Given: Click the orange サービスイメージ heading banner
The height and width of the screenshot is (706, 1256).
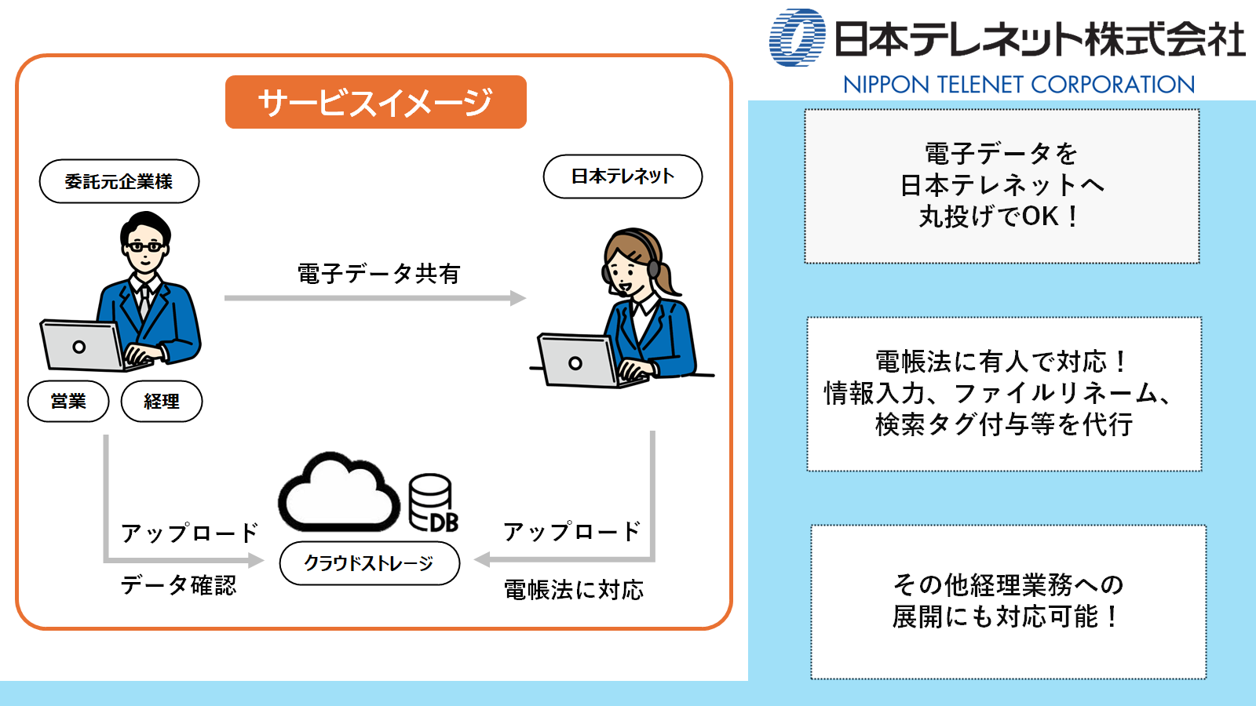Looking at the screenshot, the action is tap(375, 102).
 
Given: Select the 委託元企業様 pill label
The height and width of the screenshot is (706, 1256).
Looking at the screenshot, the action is tap(119, 181).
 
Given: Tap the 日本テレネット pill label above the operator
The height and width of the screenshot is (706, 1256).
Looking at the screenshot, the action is tap(623, 176).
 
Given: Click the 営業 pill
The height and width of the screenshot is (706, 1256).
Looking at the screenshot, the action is tap(68, 402).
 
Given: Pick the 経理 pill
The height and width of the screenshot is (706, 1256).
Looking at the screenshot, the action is tap(162, 402).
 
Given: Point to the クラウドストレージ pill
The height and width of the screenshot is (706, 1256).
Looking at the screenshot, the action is tap(369, 563).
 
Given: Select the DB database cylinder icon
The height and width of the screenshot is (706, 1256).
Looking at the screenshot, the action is tap(432, 503).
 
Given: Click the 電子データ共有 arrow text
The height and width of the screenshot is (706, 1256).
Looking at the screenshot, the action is tap(378, 274).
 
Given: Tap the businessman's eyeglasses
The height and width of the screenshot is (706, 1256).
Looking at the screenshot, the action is tap(145, 246).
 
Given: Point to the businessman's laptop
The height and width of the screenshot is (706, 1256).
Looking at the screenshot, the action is tap(82, 346).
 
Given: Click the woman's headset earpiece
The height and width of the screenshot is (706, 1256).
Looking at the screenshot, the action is tap(653, 268).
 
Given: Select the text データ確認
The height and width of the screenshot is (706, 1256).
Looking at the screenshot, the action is tap(178, 585).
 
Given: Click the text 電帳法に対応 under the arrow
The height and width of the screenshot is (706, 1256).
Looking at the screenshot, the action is tap(573, 590).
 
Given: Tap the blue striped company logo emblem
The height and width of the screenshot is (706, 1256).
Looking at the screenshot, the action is tap(797, 38).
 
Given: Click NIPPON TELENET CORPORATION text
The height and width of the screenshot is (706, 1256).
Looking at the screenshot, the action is tap(1018, 85).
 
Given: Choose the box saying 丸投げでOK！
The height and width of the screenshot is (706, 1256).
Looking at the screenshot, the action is tap(1002, 186).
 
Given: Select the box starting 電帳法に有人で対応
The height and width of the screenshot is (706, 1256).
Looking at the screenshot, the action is tap(1004, 394).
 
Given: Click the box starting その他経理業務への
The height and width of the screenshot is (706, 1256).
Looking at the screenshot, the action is tap(1008, 601).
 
